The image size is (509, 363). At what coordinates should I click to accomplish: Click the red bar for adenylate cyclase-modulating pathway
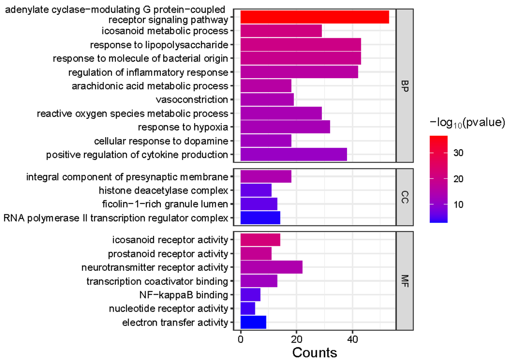314,17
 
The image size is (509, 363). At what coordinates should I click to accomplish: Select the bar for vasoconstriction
267,100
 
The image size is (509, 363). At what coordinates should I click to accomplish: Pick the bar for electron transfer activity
253,322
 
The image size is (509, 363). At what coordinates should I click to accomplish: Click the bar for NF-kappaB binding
250,295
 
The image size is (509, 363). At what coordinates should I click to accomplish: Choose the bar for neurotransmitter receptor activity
271,267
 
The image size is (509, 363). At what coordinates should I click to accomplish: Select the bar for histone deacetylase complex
256,191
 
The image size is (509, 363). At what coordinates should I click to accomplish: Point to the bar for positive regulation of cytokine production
294,155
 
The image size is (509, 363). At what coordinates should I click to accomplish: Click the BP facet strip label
405,86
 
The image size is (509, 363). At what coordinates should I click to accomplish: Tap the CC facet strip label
405,197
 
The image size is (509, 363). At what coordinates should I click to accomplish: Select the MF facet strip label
405,281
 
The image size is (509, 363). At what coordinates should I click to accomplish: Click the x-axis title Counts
315,352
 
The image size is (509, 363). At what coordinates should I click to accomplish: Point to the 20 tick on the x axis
296,340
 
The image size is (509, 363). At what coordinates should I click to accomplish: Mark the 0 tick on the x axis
241,340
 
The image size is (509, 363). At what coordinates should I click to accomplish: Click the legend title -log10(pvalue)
467,123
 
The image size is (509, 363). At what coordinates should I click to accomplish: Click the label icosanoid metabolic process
165,31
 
